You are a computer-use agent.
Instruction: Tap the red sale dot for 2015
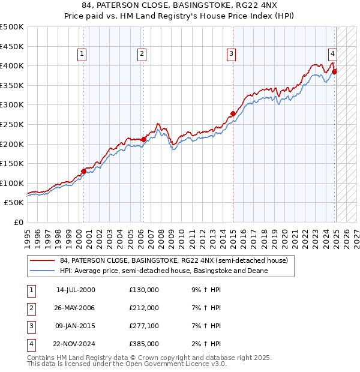[x=233, y=113]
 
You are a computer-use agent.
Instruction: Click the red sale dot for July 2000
[x=83, y=171]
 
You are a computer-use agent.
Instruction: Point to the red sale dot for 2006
[x=143, y=139]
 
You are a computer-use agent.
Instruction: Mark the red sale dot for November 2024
[x=334, y=71]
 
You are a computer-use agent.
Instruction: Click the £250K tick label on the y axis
[x=12, y=124]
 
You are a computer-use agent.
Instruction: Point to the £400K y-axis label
[x=12, y=65]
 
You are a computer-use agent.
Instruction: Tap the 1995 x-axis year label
[x=28, y=234]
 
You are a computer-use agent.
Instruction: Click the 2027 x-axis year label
[x=356, y=234]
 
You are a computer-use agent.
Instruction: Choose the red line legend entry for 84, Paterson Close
[x=174, y=261]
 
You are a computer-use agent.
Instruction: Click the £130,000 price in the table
[x=144, y=290]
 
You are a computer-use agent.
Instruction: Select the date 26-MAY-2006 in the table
[x=75, y=308]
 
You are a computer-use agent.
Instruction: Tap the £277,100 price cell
[x=144, y=326]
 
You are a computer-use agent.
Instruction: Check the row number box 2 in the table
[x=31, y=308]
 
